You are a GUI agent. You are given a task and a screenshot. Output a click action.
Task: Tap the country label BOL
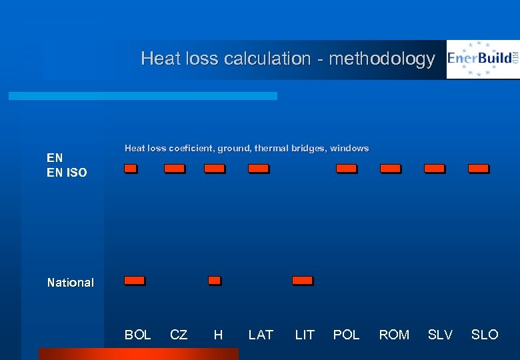coord(137,335)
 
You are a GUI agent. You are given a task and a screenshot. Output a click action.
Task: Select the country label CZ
coord(179,335)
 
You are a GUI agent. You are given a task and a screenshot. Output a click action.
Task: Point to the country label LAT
coord(261,335)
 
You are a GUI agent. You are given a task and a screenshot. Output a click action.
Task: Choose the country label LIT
coord(305,335)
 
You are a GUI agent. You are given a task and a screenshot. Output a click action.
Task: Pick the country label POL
coord(346,335)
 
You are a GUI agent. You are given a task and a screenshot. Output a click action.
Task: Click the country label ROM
coord(394,335)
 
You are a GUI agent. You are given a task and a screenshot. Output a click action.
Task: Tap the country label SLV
coord(440,335)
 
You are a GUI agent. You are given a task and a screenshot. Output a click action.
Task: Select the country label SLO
coord(485,335)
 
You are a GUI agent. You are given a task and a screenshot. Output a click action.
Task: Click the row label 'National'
coord(70,283)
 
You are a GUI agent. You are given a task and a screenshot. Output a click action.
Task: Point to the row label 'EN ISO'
coord(67,173)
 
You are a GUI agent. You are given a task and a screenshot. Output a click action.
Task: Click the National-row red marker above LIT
coord(302,281)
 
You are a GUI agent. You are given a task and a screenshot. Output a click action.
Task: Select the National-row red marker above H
coord(214,281)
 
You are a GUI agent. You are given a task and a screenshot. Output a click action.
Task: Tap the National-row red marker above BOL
coord(134,281)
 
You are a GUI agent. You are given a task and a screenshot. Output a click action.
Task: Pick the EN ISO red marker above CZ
coord(175,169)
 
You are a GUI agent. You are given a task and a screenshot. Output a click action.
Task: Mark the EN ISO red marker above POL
coord(346,169)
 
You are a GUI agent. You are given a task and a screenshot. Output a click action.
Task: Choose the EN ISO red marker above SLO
coord(478,169)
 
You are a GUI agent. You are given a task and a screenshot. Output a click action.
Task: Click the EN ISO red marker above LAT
coord(258,169)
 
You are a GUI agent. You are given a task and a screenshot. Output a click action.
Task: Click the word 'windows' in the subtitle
coord(350,149)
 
